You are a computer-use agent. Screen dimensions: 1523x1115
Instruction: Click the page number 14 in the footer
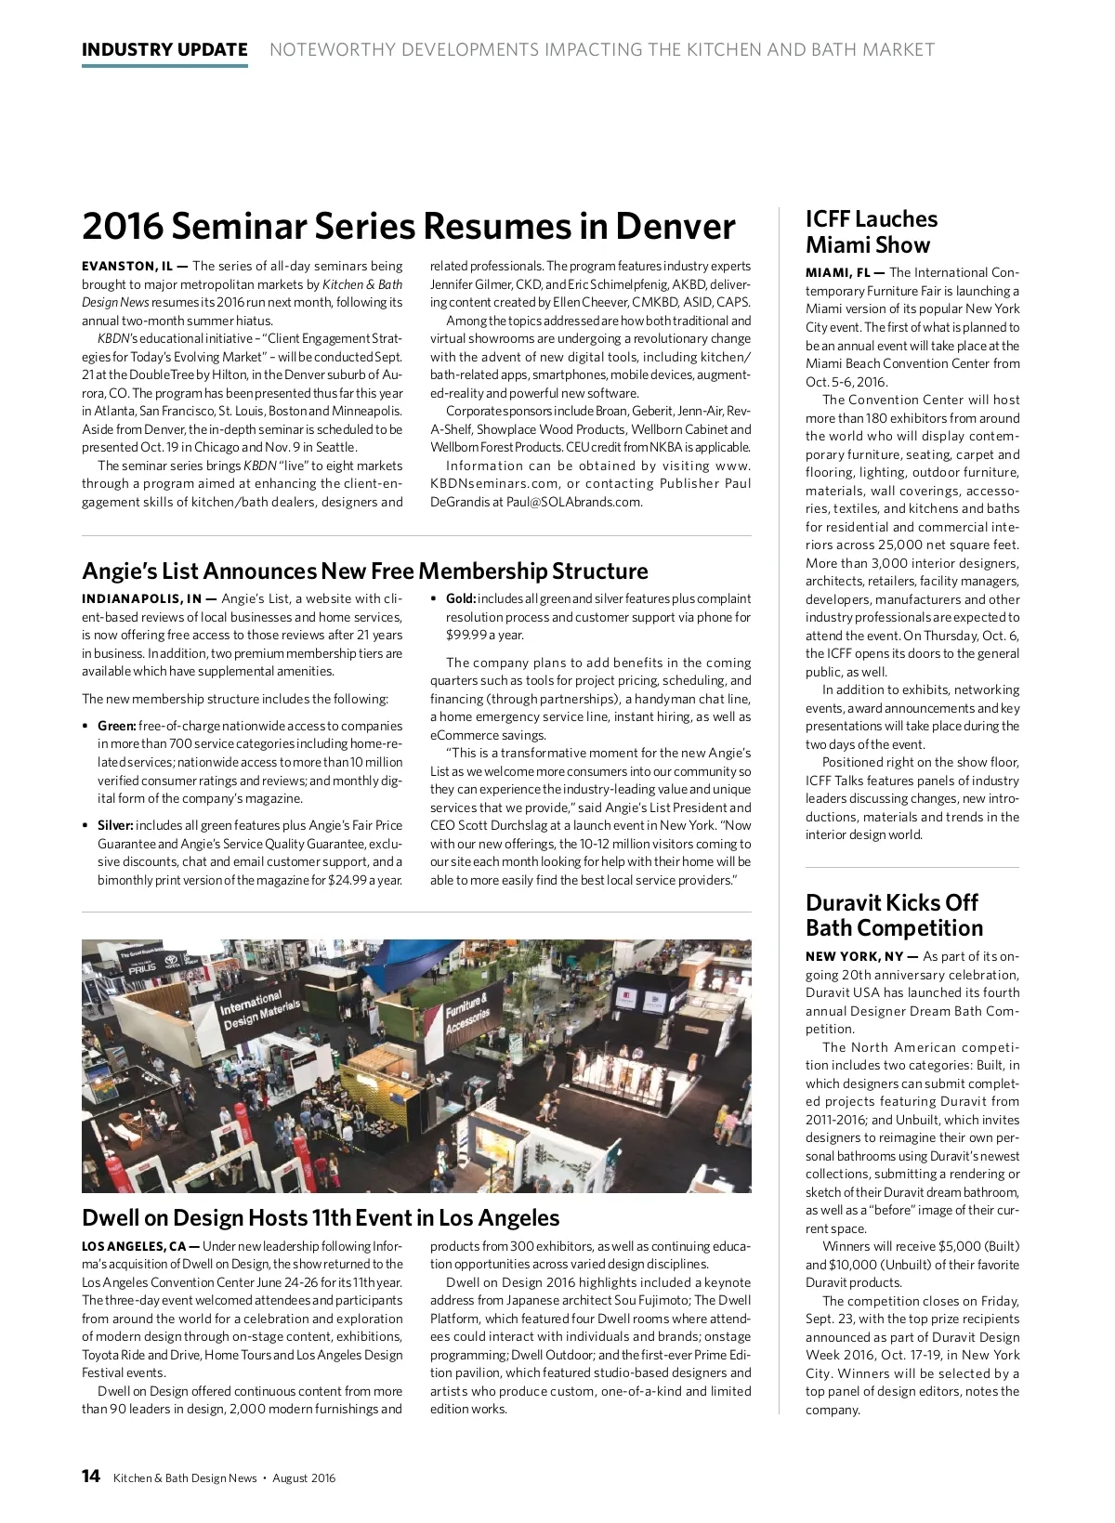click(91, 1477)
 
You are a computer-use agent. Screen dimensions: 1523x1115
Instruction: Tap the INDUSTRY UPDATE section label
click(164, 50)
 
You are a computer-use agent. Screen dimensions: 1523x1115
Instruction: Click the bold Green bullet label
click(117, 727)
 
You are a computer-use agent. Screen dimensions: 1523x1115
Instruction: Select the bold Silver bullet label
click(116, 826)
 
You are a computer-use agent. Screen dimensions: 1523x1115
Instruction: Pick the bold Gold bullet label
click(461, 599)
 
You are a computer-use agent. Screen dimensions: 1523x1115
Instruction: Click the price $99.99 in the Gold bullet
click(466, 636)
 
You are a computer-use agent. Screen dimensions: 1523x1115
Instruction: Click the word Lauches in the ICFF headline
click(897, 219)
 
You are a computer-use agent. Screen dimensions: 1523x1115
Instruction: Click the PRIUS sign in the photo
click(142, 968)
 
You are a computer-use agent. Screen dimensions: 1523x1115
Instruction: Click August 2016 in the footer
click(304, 1478)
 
